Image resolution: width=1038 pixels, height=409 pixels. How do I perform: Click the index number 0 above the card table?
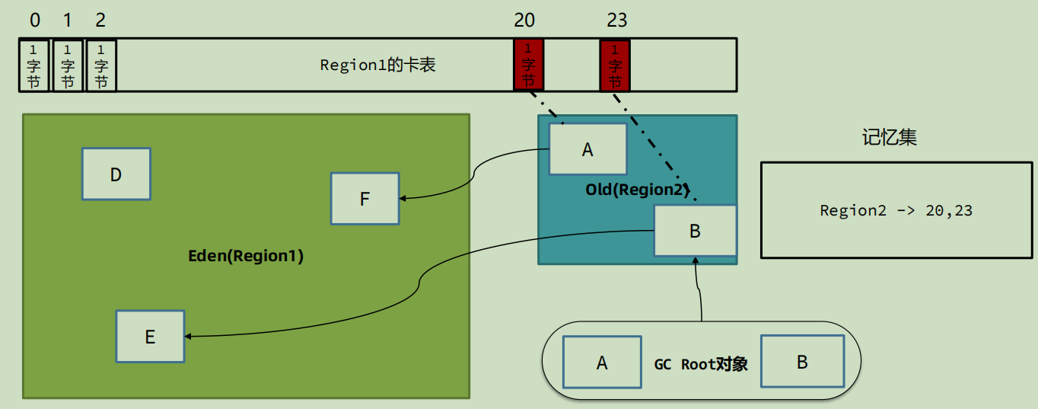[x=35, y=20]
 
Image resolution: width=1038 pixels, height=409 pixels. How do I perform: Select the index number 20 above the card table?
[x=524, y=20]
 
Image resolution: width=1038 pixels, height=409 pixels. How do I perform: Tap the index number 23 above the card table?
[x=616, y=20]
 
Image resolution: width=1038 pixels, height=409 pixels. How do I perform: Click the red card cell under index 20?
[x=528, y=65]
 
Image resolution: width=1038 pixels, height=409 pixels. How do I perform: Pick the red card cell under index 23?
[x=615, y=66]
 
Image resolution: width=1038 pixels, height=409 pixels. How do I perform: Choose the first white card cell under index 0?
[x=33, y=66]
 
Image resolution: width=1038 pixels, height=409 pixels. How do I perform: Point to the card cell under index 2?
[x=101, y=66]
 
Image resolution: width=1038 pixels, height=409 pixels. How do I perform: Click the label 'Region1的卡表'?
[x=377, y=65]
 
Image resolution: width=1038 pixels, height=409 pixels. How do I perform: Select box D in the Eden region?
[x=116, y=174]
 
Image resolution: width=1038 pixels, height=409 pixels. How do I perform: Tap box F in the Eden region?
[x=365, y=199]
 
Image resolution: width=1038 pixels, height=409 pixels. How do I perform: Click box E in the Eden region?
[x=150, y=336]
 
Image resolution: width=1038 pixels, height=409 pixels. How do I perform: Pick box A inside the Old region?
[x=588, y=149]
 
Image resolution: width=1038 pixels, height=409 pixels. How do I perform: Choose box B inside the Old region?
[x=695, y=231]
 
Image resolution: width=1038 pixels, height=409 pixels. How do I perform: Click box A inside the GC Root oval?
[x=602, y=363]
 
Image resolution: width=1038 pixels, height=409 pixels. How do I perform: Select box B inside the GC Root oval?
[x=803, y=361]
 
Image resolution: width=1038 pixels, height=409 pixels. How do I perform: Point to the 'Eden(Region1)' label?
[x=246, y=255]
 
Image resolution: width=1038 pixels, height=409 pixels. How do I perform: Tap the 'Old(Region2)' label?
[x=638, y=189]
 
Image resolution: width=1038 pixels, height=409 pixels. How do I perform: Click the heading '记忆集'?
[x=890, y=137]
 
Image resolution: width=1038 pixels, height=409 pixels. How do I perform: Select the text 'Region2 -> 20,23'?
[x=896, y=210]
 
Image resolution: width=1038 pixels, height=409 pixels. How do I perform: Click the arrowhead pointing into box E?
[x=188, y=336]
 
